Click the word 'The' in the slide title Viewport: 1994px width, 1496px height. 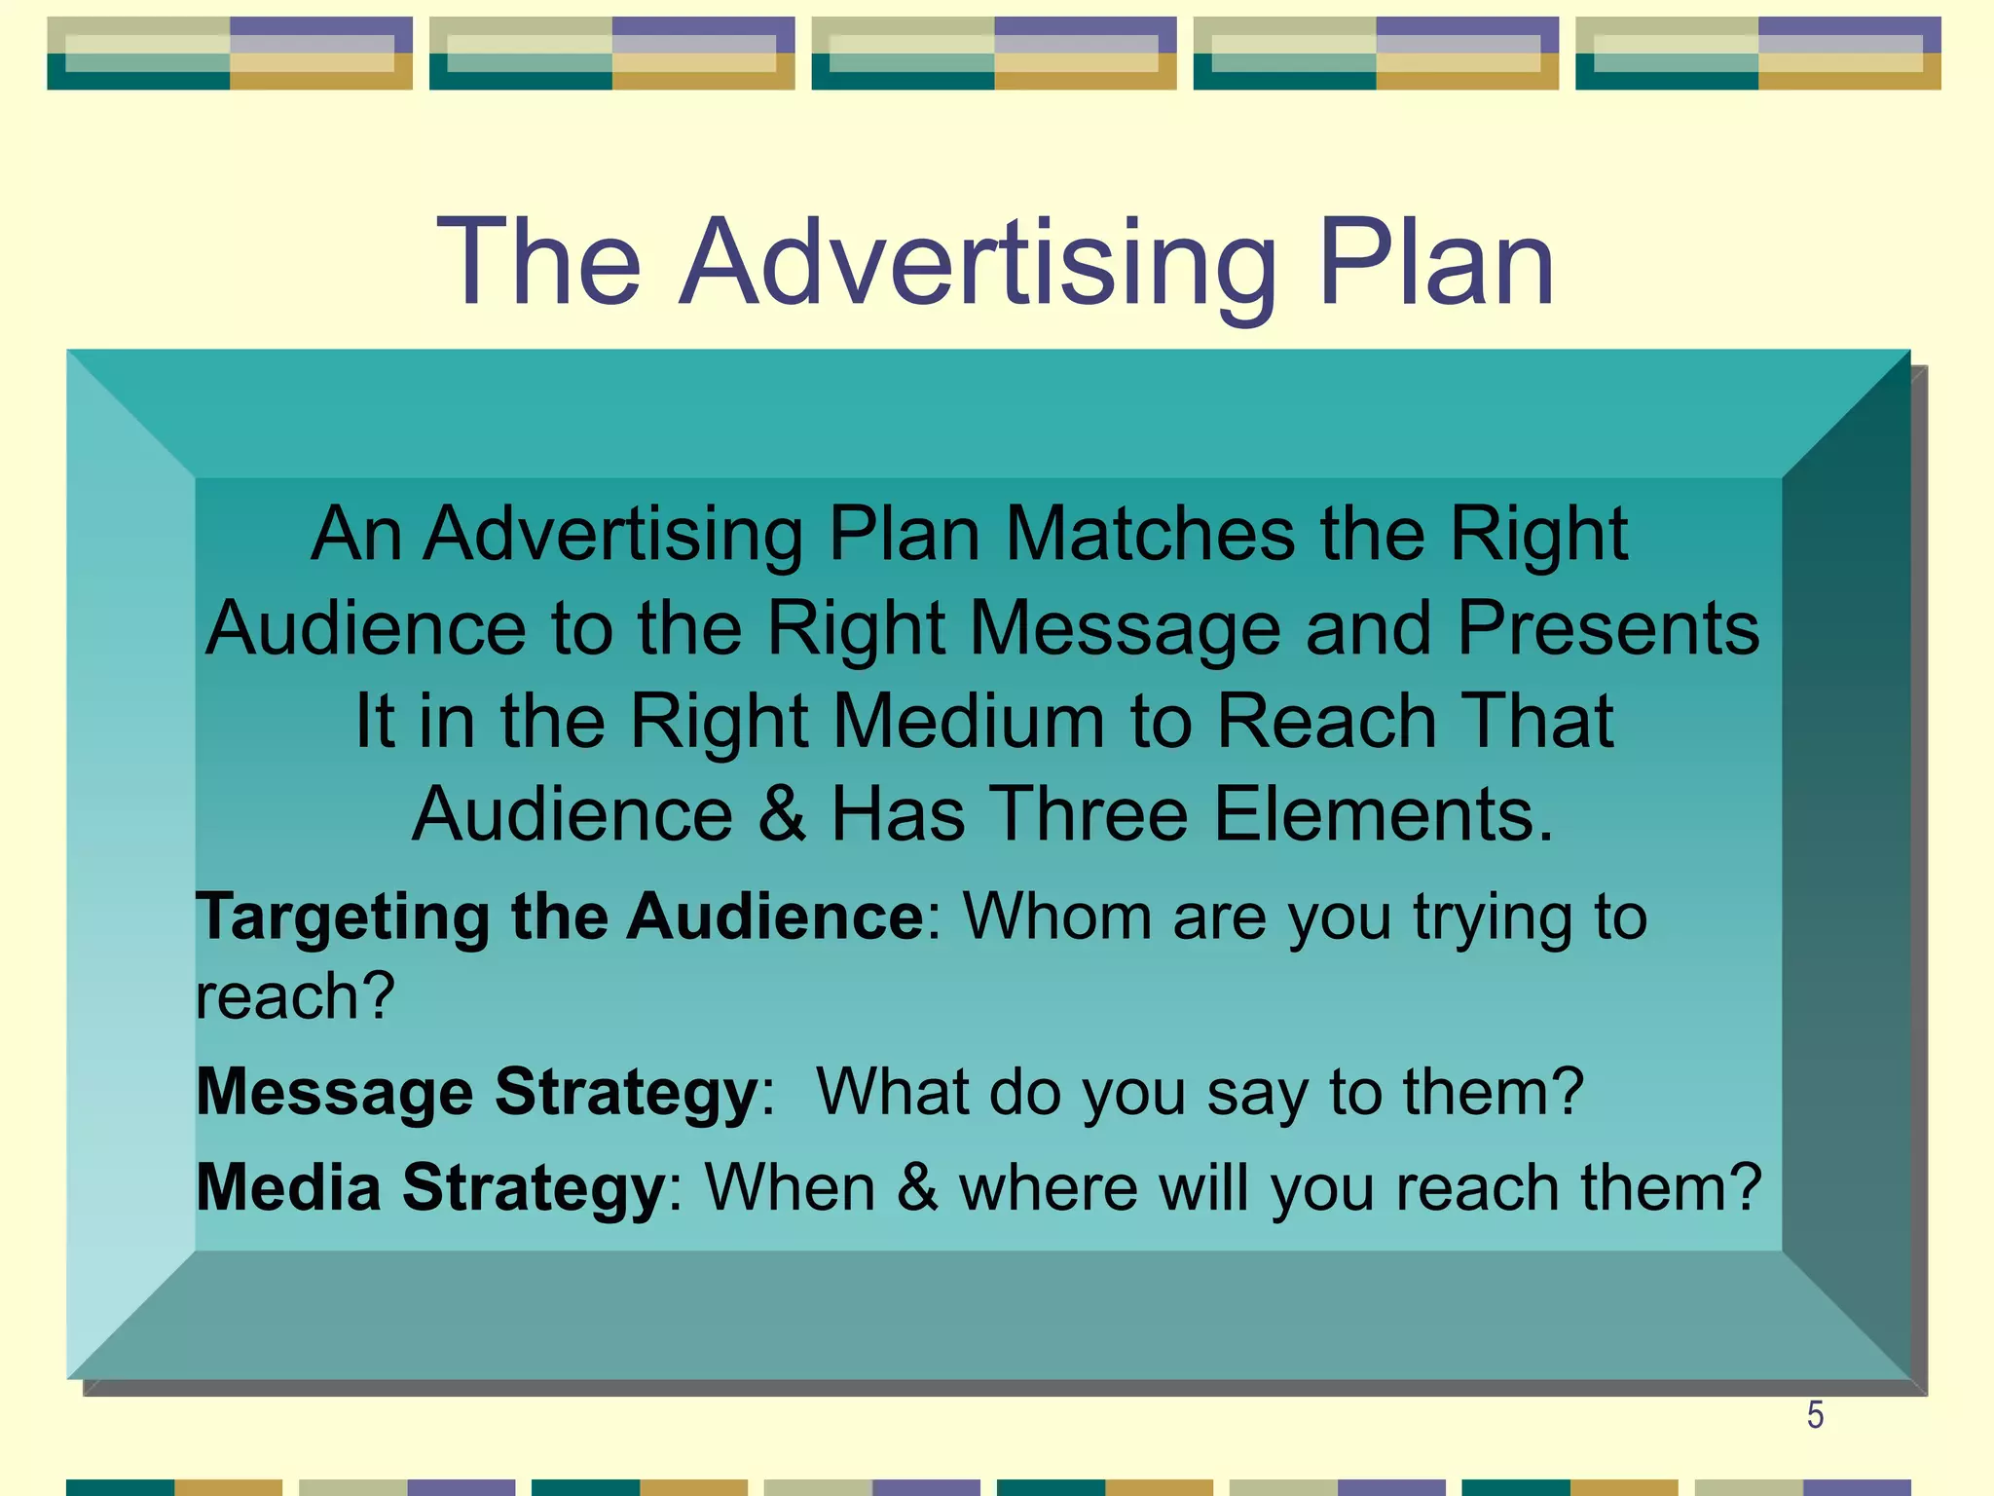coord(538,263)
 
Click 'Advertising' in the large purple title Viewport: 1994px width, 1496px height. coord(978,263)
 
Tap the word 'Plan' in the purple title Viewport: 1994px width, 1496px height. coord(1436,263)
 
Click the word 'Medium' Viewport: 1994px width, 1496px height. coord(969,722)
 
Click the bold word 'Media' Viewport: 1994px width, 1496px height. coord(288,1187)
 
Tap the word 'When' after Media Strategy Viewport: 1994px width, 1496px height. coord(790,1187)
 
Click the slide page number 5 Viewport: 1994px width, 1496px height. coord(1815,1415)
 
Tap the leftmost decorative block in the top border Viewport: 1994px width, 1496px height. coord(230,54)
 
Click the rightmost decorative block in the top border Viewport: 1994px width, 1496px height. coord(1757,54)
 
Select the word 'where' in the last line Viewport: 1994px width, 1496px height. coord(1048,1187)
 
